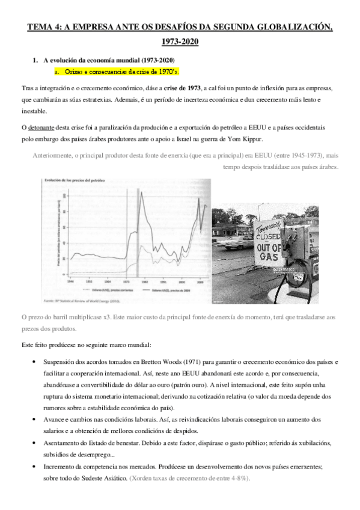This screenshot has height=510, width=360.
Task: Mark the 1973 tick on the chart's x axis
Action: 126,281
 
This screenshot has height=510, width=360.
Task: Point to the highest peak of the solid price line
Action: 141,192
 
